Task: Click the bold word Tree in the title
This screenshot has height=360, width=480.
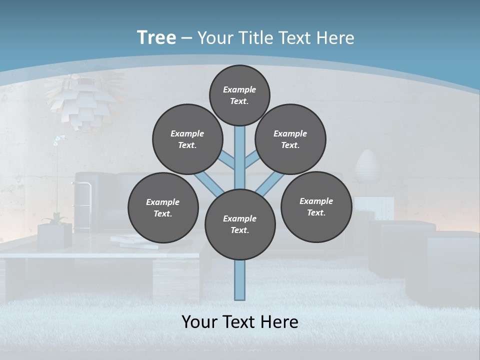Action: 156,37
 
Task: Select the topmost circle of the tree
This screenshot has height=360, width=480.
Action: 239,95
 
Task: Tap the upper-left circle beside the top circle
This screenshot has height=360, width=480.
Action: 187,139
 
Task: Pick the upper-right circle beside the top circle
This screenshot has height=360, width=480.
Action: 290,139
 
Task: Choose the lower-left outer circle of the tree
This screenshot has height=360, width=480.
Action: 163,207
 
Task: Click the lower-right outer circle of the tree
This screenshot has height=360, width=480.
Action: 316,206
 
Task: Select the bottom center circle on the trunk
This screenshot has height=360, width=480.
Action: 240,224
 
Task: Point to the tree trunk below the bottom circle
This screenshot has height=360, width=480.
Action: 240,280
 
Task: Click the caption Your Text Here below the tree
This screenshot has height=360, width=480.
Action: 240,322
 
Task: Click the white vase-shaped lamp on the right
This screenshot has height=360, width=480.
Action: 368,167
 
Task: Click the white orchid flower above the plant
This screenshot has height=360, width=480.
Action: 58,140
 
